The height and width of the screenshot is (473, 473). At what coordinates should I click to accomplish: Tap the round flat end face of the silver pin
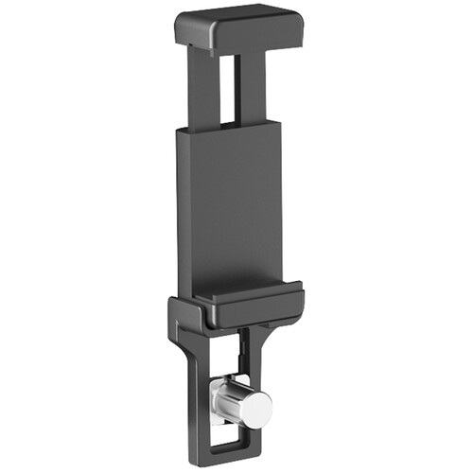pyautogui.click(x=256, y=407)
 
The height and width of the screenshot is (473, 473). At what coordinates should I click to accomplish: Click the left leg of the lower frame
pyautogui.click(x=197, y=397)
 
